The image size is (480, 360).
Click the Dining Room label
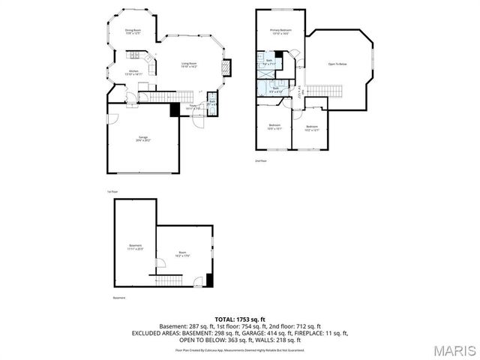point(133,31)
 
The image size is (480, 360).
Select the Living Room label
point(188,65)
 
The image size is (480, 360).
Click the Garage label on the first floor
point(142,139)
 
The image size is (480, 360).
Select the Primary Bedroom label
point(280,31)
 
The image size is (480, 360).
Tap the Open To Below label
point(337,64)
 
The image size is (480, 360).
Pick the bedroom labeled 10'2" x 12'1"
point(313,127)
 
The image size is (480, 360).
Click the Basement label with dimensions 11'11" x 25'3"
point(135,247)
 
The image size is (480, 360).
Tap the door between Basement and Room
point(157,262)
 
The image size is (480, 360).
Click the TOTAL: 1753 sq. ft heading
point(239,319)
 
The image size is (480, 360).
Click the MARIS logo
point(453,349)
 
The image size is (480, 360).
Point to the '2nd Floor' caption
point(260,160)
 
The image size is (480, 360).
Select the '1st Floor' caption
point(112,192)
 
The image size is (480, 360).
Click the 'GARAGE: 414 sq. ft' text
point(289,332)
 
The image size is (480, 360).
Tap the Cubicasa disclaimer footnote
point(239,349)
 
